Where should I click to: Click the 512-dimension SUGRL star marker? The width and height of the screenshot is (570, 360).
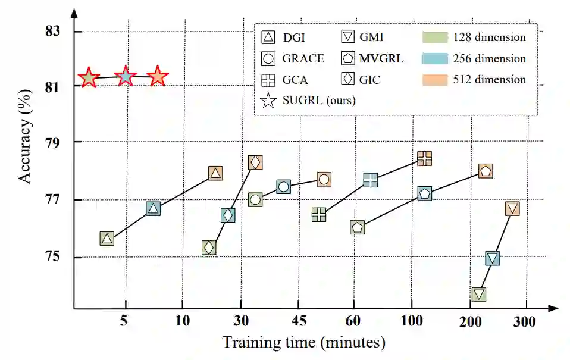click(158, 77)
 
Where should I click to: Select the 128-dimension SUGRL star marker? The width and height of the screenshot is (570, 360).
click(89, 77)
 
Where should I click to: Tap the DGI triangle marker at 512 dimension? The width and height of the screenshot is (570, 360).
click(215, 173)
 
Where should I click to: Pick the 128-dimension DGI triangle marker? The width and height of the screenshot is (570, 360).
click(107, 239)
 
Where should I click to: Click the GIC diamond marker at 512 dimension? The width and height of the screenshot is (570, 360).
click(255, 162)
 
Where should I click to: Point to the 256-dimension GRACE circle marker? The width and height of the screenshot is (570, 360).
click(283, 187)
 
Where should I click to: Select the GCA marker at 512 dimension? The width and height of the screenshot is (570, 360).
click(424, 158)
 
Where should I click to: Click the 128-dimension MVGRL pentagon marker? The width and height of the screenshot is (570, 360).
click(357, 227)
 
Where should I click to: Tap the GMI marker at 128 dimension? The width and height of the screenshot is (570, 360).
click(479, 295)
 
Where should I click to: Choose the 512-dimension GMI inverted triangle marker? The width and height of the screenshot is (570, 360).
click(512, 208)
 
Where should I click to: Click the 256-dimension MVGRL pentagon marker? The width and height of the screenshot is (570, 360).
click(424, 193)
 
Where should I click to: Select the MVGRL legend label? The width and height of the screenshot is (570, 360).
click(381, 58)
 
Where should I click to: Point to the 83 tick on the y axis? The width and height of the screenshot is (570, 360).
click(53, 32)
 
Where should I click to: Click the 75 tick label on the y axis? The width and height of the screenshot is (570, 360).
click(53, 257)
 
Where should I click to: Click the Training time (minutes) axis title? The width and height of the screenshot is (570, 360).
click(303, 343)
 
